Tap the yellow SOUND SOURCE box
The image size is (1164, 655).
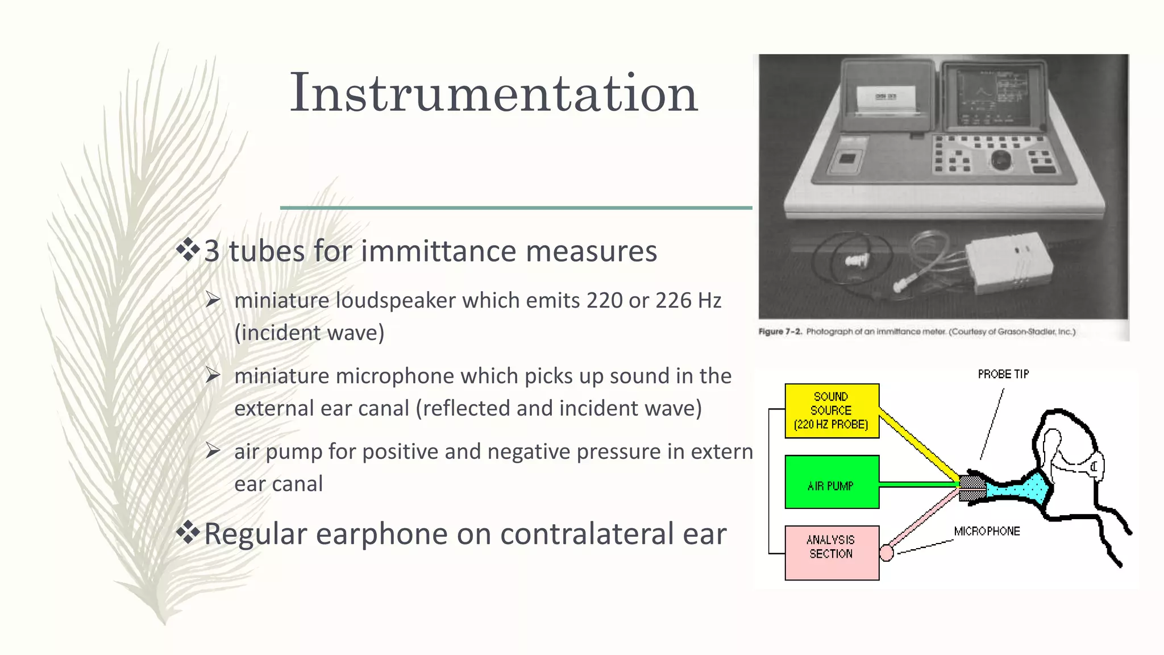pyautogui.click(x=832, y=411)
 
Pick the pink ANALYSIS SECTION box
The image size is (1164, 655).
pyautogui.click(x=832, y=552)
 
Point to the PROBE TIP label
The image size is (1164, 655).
pyautogui.click(x=1003, y=374)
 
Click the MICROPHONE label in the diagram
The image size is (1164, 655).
pyautogui.click(x=987, y=531)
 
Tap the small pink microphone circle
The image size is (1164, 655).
pyautogui.click(x=886, y=552)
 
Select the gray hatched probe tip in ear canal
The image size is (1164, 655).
pyautogui.click(x=972, y=487)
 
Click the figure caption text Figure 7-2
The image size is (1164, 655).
pyautogui.click(x=780, y=331)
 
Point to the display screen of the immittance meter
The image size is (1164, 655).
pyautogui.click(x=992, y=97)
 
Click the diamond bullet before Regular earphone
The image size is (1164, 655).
pyautogui.click(x=188, y=532)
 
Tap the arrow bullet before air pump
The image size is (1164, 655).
pyautogui.click(x=213, y=451)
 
